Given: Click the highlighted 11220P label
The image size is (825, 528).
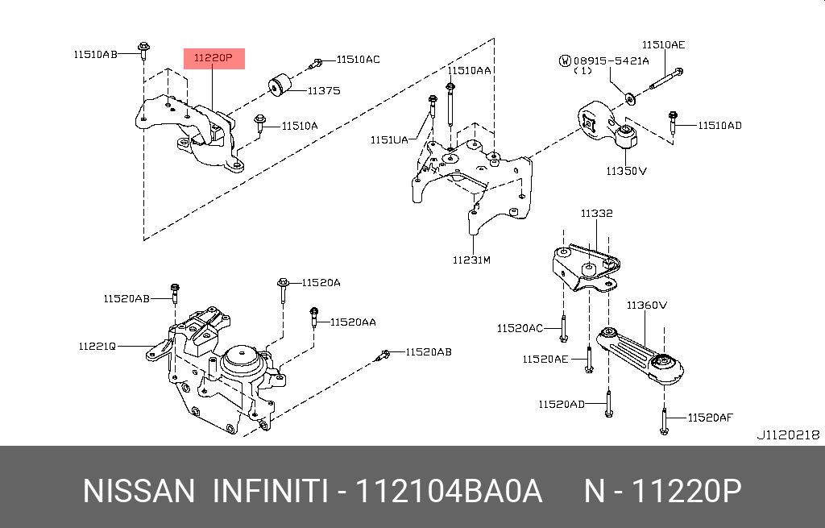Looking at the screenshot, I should (214, 59).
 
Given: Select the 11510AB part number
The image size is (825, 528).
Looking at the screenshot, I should (95, 54).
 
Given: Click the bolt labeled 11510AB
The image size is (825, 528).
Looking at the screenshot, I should (143, 50).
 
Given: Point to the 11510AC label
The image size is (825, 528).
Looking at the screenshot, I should (358, 59).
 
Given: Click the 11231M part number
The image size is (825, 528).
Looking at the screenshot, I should (471, 260).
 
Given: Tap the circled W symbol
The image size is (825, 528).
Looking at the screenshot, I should (566, 60).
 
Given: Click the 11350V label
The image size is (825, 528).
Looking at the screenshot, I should (627, 171).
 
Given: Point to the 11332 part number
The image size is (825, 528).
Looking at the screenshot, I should (596, 214).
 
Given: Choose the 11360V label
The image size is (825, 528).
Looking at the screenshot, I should (647, 305).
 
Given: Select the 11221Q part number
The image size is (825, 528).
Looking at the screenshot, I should (97, 346).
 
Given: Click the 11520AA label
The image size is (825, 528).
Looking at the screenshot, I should (353, 322).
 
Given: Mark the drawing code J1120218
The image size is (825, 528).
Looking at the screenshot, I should (787, 434).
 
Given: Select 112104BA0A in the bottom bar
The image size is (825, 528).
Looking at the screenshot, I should (450, 490).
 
